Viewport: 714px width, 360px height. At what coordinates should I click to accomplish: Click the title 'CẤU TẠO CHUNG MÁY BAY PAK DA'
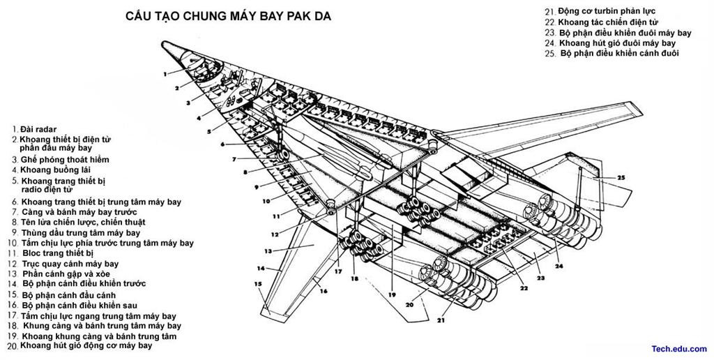click(228, 16)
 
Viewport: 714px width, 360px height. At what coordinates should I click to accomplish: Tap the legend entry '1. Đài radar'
click(35, 130)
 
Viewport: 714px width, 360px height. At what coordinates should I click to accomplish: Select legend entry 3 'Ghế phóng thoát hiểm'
click(61, 160)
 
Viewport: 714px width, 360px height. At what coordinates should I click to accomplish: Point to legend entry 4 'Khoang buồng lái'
click(51, 170)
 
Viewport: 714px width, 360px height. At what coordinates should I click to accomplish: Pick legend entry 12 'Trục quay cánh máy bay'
click(63, 264)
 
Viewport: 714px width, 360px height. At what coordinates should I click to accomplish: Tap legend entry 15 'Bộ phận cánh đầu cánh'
click(62, 295)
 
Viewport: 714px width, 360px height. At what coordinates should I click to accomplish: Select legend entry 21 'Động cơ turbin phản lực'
click(600, 11)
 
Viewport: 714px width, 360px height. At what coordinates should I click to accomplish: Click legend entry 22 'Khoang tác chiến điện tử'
click(602, 22)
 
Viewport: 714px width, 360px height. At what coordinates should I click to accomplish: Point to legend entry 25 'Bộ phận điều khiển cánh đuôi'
click(612, 53)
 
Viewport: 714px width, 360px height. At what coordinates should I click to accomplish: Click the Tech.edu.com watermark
click(679, 349)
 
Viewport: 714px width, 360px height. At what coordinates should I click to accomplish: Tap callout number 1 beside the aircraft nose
click(165, 73)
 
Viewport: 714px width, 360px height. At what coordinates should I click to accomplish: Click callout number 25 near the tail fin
click(621, 177)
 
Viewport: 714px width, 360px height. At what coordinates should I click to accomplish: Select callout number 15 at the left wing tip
click(258, 284)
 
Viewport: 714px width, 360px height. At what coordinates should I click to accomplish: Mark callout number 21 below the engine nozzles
click(441, 320)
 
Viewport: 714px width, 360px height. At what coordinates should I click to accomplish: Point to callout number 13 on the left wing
click(268, 250)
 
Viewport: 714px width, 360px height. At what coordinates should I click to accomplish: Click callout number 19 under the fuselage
click(392, 295)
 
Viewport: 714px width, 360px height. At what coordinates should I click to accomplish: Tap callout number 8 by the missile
click(245, 172)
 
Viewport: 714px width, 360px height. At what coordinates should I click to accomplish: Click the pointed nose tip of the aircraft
click(163, 43)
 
